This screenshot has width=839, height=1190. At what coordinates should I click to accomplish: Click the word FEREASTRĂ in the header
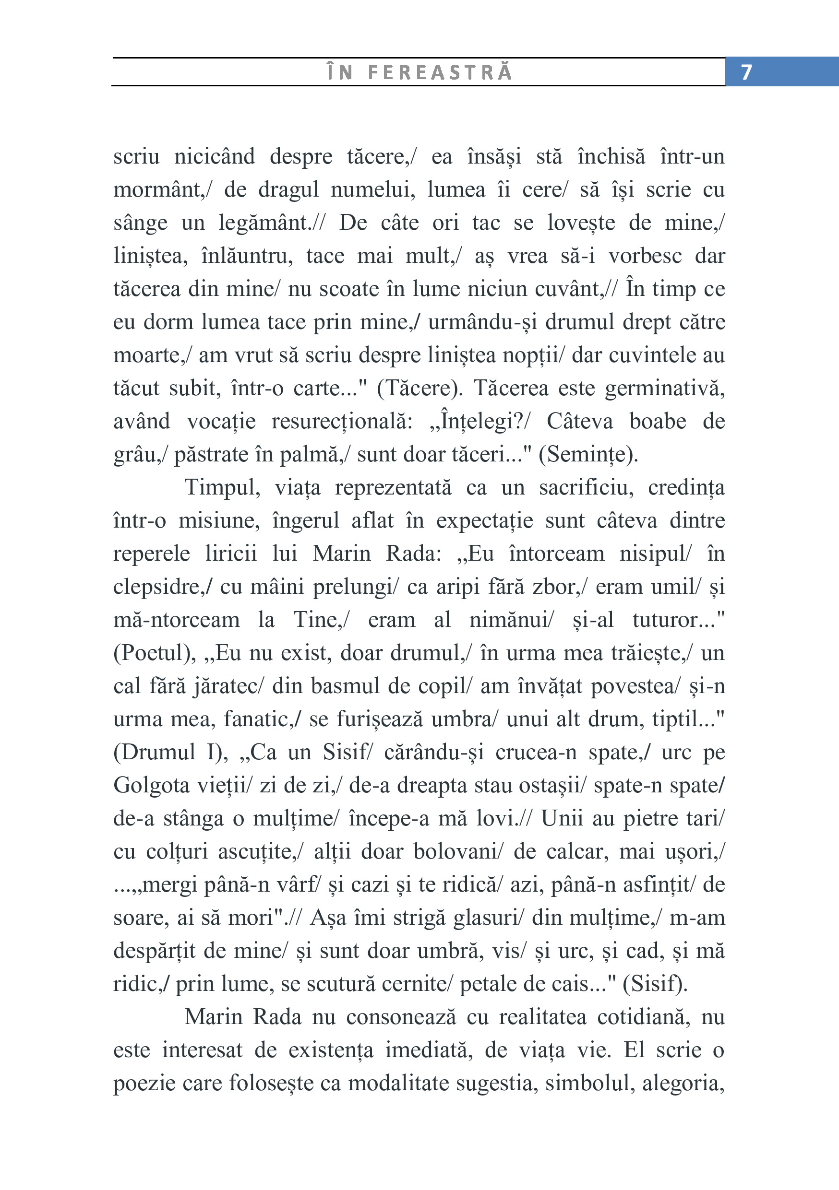coord(440,72)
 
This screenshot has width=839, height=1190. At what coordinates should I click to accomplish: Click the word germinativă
coord(664,389)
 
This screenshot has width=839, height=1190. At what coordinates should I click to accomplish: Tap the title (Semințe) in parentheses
coord(588,455)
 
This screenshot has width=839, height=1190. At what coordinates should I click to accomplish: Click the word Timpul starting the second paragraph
coord(222,488)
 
